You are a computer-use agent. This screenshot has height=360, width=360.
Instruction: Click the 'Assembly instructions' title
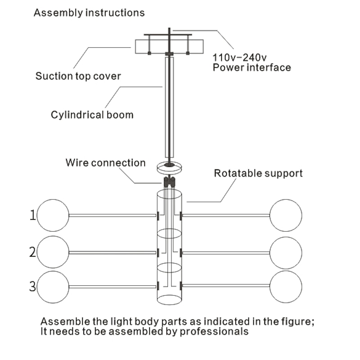(x=89, y=13)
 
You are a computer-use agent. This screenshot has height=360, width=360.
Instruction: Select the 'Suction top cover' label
(x=78, y=76)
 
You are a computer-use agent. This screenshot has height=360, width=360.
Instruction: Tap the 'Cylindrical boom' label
(x=92, y=115)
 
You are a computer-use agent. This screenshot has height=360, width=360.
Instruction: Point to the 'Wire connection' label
(x=106, y=162)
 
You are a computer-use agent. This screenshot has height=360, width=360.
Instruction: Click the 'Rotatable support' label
(x=258, y=173)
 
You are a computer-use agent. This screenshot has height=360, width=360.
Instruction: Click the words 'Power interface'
(x=252, y=67)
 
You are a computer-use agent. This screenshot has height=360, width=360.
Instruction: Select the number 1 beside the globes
(x=32, y=216)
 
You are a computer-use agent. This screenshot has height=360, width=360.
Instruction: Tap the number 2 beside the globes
(x=32, y=252)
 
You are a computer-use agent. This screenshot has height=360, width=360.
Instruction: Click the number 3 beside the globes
(x=32, y=286)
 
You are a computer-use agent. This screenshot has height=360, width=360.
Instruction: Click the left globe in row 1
(x=53, y=216)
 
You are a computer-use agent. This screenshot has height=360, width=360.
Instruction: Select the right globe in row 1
(x=286, y=216)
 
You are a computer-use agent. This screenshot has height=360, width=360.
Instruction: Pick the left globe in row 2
(x=53, y=252)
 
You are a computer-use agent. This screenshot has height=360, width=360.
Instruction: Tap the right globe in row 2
(x=286, y=252)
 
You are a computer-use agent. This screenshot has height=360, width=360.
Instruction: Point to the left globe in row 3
(x=53, y=287)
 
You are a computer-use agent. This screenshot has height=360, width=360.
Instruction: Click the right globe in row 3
(x=286, y=286)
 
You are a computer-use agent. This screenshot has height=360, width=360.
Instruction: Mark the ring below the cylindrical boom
(x=169, y=168)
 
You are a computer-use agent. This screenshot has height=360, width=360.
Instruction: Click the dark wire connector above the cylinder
(x=169, y=182)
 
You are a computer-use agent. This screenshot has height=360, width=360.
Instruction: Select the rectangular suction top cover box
(x=169, y=47)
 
